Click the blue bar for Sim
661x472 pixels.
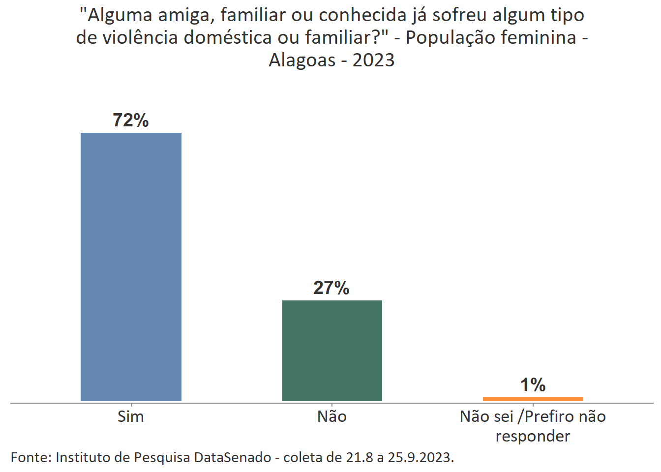tap(131, 266)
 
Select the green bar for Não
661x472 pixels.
tap(332, 351)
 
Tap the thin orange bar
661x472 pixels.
tap(533, 399)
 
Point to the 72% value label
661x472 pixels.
tap(131, 120)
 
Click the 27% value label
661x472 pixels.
tap(331, 288)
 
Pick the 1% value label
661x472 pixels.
tap(533, 385)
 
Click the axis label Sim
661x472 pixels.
tap(131, 417)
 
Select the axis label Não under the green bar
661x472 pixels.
tap(332, 417)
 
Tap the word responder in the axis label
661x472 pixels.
tap(533, 436)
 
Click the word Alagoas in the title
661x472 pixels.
tap(302, 60)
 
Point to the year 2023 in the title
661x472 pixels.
tap(374, 60)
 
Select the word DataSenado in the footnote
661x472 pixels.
tap(232, 458)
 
